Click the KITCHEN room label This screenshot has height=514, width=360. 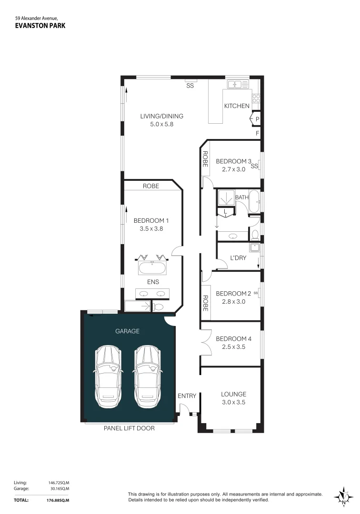pos(237,106)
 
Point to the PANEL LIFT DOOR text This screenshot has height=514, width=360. pos(129,428)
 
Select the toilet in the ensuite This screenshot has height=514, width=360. pos(158,306)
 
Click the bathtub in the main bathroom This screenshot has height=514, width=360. pos(254,201)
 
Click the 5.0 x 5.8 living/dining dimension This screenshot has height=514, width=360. pos(161,124)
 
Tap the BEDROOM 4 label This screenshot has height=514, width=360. pos(233,339)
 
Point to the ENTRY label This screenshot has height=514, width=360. pos(187,396)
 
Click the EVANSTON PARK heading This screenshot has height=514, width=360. pos(40,26)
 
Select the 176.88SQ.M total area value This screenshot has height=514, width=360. pos(58,500)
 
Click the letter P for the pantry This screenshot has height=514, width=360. pos(257,119)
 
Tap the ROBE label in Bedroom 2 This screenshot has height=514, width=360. pos(205,303)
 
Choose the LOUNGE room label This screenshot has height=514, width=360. pos(233,394)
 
